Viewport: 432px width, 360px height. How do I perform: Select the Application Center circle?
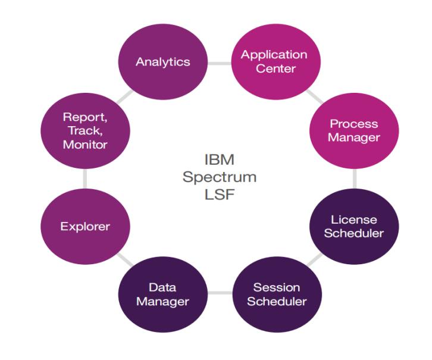coord(274,61)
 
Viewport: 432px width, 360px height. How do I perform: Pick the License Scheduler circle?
coord(354,226)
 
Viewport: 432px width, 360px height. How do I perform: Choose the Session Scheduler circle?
coord(277,294)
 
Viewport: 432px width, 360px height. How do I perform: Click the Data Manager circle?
coord(162,294)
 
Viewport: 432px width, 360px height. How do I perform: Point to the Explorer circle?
coord(84,227)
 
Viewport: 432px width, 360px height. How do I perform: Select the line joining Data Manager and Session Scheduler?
coord(220,294)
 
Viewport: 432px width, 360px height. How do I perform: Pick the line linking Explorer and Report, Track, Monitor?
coord(84,179)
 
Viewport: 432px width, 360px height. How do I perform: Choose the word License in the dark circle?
coord(354,220)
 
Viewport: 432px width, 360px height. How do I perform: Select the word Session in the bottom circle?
coord(277,287)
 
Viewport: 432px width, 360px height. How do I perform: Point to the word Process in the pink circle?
coord(354,124)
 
